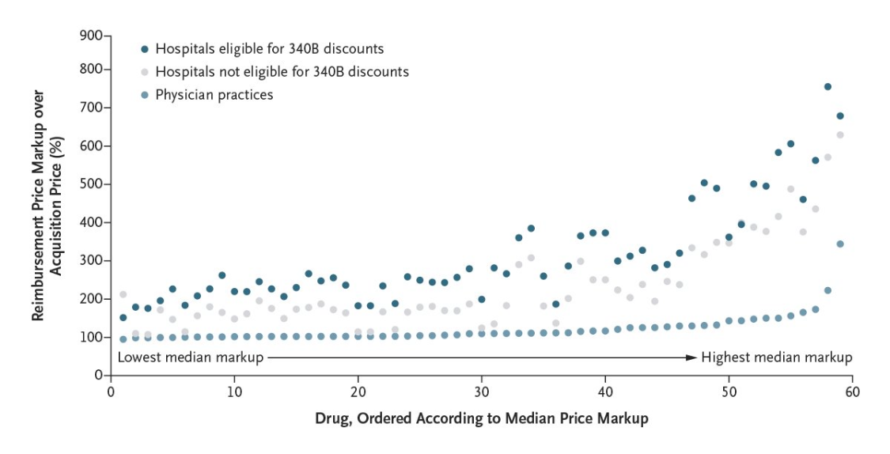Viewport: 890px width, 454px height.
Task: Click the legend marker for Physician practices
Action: (x=145, y=95)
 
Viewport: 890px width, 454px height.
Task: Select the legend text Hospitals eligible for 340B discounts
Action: (x=270, y=49)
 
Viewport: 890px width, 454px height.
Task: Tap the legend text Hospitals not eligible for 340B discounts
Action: (x=282, y=72)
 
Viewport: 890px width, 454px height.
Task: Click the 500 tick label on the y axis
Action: (x=93, y=184)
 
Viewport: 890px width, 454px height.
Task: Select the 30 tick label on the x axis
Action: (x=481, y=392)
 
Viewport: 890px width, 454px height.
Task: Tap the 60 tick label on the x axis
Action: (x=852, y=392)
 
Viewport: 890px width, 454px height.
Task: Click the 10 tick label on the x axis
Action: (x=234, y=392)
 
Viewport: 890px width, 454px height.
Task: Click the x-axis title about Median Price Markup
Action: (x=481, y=418)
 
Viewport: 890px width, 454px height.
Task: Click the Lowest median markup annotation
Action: (x=190, y=358)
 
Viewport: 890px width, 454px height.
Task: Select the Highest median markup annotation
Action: (x=777, y=358)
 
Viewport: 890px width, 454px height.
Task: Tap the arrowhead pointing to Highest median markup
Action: (x=694, y=358)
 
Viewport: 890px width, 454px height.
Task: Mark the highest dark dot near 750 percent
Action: (x=828, y=86)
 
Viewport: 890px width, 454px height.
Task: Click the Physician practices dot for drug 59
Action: (x=840, y=244)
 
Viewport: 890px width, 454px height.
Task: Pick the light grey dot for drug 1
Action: (x=123, y=294)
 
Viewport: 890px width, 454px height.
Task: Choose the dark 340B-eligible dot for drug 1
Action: (x=123, y=317)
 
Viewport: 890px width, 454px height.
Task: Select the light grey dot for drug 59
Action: (x=840, y=134)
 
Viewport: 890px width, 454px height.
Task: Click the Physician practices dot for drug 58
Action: (x=828, y=290)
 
